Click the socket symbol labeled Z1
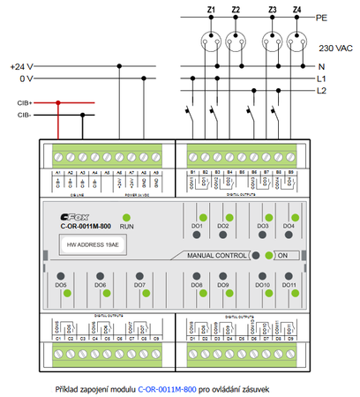point(211,39)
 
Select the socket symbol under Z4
point(296,39)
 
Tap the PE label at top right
point(321,17)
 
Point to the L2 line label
point(322,91)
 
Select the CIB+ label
point(25,103)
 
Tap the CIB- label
point(25,115)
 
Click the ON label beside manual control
point(283,256)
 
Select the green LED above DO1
point(202,217)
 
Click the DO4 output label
point(288,227)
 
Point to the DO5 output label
point(61,286)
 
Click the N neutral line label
point(321,66)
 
